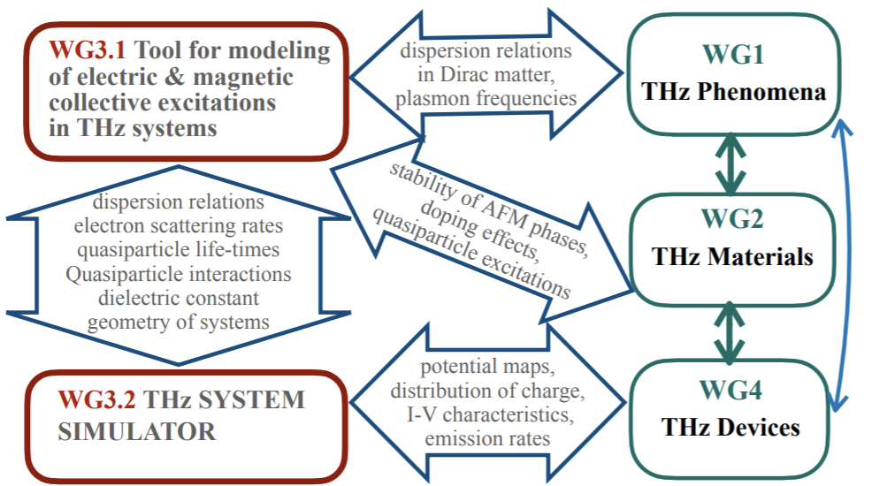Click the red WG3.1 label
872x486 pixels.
(87, 50)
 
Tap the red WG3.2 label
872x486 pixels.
(96, 400)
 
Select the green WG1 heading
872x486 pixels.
(733, 55)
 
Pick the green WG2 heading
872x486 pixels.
(732, 219)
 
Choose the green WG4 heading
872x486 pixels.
(730, 390)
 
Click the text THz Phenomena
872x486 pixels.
(733, 92)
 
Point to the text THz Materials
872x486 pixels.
(732, 256)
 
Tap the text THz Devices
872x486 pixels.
(730, 427)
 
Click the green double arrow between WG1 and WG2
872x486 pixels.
(730, 163)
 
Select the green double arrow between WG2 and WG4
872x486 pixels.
(729, 333)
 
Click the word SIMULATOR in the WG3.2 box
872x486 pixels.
(137, 432)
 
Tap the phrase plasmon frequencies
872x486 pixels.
(486, 98)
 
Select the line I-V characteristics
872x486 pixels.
(489, 414)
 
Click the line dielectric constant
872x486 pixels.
(179, 298)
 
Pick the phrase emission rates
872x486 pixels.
(487, 439)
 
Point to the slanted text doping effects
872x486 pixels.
(479, 232)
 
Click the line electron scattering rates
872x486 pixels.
(179, 225)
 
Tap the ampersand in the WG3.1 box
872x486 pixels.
(174, 77)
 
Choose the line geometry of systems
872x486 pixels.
(179, 323)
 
